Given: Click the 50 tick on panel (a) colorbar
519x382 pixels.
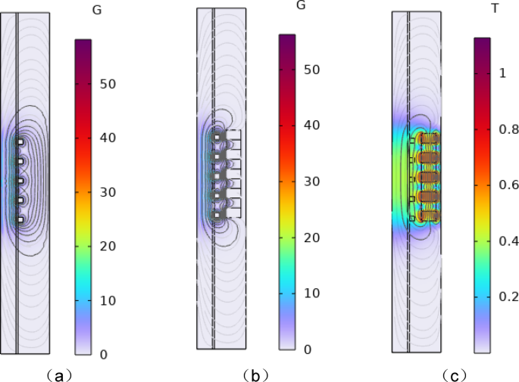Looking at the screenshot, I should (108, 84).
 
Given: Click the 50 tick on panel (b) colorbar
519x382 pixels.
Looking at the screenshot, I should (311, 70).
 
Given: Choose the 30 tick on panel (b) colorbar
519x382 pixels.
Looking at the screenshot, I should (311, 182).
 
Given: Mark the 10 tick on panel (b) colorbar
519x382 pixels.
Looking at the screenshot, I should (311, 293).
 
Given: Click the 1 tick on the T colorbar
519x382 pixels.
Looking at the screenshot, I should (502, 73).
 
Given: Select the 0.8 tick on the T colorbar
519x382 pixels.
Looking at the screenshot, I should (507, 129).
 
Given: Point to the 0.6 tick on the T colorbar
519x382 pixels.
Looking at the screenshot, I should (507, 185).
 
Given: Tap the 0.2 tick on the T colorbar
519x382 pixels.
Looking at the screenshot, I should (507, 297).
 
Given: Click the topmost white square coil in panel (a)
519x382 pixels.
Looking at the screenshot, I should (20, 141).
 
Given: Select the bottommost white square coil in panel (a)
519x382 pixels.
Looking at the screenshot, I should (20, 219).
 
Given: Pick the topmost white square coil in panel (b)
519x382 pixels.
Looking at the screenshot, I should (217, 137).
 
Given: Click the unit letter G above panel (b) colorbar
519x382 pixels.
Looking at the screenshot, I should (301, 6).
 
